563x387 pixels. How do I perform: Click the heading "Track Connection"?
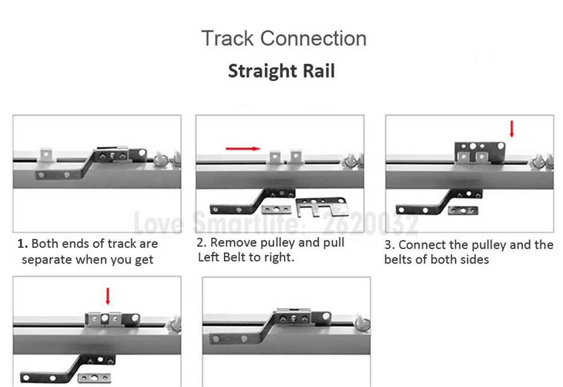[x=284, y=38]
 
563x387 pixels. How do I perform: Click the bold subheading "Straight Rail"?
[x=281, y=71]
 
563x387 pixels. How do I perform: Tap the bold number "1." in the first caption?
[x=23, y=243]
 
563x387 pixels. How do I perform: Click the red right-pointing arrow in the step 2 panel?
[x=243, y=148]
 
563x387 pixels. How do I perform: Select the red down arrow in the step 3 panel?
[x=512, y=128]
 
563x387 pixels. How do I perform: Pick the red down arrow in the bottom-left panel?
[x=108, y=296]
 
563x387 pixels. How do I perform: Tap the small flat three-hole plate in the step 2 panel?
[x=276, y=210]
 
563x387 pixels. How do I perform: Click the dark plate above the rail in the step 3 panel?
[x=480, y=152]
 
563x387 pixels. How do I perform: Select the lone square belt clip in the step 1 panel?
[x=46, y=155]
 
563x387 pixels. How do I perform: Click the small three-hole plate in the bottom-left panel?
[x=94, y=377]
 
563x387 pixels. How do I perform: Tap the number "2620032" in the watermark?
[x=370, y=223]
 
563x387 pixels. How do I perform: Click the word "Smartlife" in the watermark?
[x=245, y=223]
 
